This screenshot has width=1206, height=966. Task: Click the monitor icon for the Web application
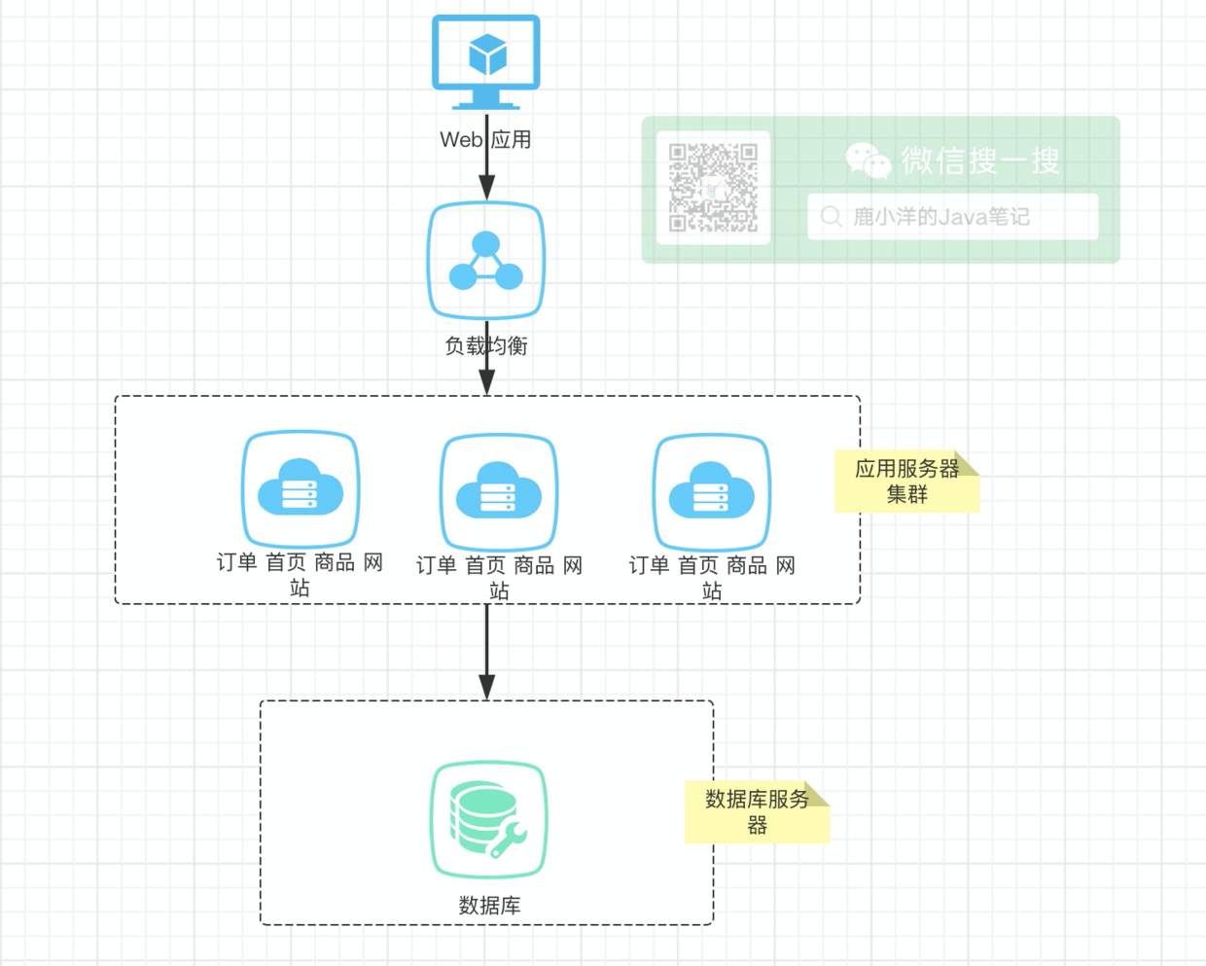pos(486,61)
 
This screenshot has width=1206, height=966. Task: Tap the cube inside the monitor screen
pos(487,54)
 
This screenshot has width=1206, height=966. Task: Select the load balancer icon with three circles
pos(486,261)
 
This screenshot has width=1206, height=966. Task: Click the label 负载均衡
pos(486,346)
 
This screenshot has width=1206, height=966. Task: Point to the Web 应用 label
pos(485,140)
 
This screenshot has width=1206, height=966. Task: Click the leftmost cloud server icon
pos(301,489)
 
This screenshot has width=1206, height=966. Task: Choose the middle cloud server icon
pos(499,491)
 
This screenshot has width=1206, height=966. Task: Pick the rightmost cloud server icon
pos(712,491)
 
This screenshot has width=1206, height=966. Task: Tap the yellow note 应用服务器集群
pos(906,481)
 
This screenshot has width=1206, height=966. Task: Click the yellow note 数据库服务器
pos(757,812)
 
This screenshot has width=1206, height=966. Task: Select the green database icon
pos(488,819)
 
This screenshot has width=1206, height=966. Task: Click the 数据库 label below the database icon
pos(489,906)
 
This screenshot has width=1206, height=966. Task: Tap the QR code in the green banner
pos(713,188)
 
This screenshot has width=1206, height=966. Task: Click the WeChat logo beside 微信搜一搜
pos(869,161)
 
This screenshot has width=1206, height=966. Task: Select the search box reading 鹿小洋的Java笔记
pos(953,216)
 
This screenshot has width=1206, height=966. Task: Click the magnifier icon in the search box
pos(832,216)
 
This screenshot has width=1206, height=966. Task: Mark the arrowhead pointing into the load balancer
pos(486,188)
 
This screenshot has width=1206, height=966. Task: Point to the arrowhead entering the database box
pos(486,688)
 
